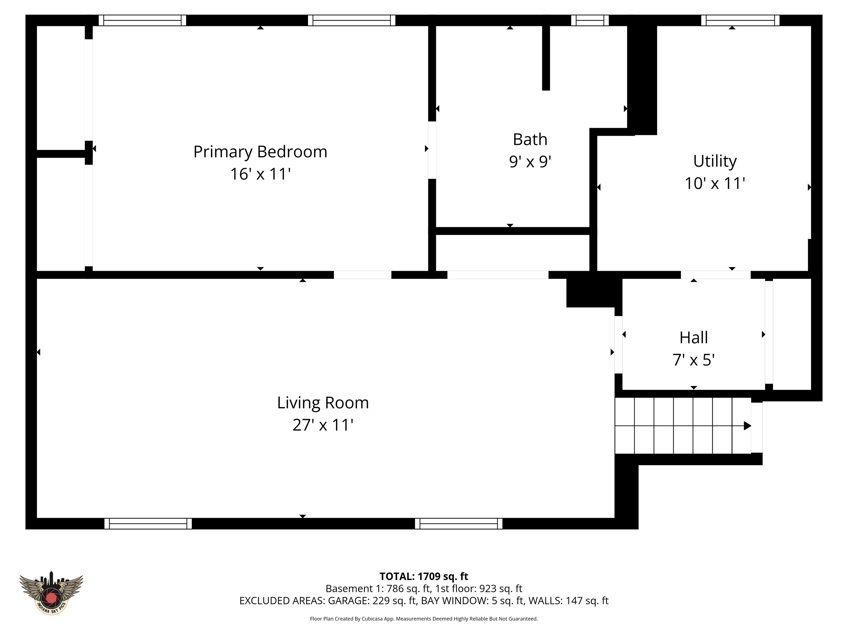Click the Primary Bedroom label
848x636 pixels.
coord(260,152)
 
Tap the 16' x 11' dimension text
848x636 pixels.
coord(260,174)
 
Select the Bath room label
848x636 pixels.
coord(530,140)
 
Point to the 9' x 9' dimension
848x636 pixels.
coord(530,162)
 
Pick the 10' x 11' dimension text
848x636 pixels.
coord(715,183)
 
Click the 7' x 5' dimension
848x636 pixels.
coord(694,360)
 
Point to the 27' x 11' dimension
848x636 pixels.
coord(323,425)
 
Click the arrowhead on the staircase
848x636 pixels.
coord(748,426)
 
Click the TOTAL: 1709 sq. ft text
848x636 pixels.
coord(424,577)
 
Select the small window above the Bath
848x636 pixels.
coord(590,20)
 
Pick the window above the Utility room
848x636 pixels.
coord(740,20)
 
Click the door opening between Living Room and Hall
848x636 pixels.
coord(618,344)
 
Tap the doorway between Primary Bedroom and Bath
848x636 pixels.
coord(432,150)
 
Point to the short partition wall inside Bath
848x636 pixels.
coord(546,58)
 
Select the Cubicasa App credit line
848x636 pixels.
coord(424,619)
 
